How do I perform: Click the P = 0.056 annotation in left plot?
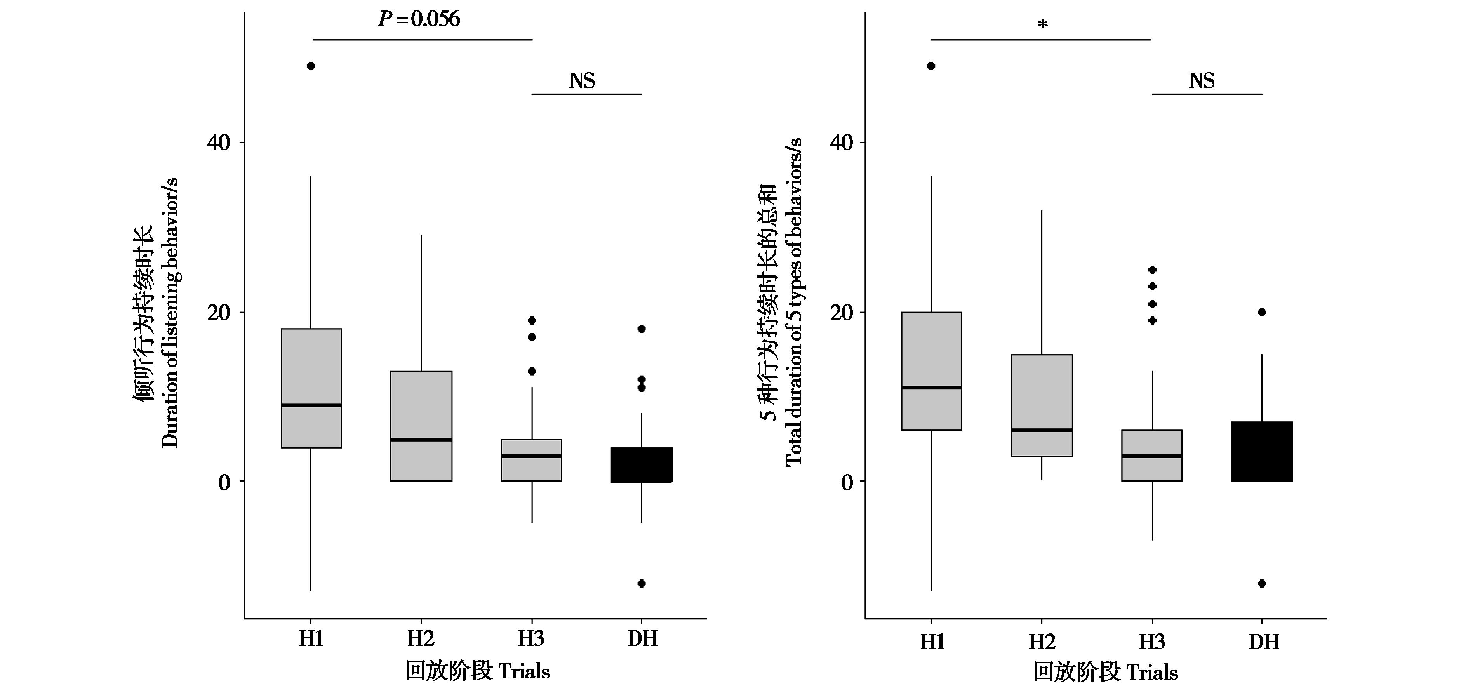[x=419, y=19]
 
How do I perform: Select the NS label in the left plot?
[x=582, y=81]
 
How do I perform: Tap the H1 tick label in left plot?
[x=311, y=639]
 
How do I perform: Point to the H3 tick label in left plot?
[x=531, y=639]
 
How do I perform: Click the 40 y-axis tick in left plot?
[x=219, y=143]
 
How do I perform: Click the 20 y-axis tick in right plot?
[x=841, y=312]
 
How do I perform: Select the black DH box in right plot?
[x=1262, y=451]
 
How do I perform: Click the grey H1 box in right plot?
[x=932, y=353]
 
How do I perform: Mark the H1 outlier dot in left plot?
[x=311, y=66]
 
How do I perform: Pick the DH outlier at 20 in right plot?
[x=1262, y=312]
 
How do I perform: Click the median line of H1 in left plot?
[x=311, y=405]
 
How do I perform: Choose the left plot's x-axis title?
[x=478, y=671]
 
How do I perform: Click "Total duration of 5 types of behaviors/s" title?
[x=793, y=302]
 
